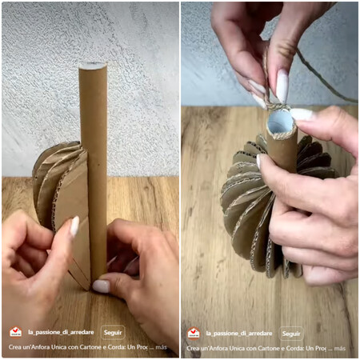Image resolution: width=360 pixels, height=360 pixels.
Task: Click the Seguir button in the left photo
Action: (x=113, y=333)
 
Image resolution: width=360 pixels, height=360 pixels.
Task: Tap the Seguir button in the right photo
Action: (x=291, y=333)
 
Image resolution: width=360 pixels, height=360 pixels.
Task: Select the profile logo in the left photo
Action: (x=16, y=333)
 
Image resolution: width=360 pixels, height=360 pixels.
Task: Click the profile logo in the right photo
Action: (x=194, y=333)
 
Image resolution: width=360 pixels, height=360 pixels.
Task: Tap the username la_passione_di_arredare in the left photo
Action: (x=61, y=333)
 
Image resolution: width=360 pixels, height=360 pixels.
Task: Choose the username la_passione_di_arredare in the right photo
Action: (x=239, y=333)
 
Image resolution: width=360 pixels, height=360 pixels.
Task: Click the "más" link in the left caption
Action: (x=162, y=348)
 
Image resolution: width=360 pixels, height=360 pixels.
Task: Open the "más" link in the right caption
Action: (x=340, y=348)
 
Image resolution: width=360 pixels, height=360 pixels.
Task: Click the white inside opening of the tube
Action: (x=281, y=122)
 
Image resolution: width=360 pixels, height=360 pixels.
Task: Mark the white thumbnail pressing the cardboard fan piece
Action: (x=74, y=227)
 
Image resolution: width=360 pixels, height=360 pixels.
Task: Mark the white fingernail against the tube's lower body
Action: (x=259, y=162)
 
